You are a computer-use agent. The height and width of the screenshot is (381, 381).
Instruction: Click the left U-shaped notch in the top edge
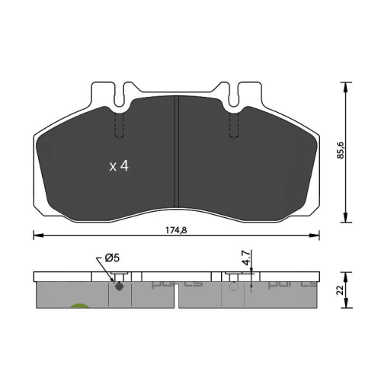coord(120,96)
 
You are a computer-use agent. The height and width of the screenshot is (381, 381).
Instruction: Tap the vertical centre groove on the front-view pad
coord(177,152)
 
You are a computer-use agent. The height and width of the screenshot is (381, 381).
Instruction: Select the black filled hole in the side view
coord(118,287)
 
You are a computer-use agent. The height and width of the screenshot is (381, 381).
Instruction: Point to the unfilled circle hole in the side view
coord(232,289)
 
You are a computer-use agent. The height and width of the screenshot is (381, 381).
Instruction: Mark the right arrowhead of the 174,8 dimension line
coord(317,235)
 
